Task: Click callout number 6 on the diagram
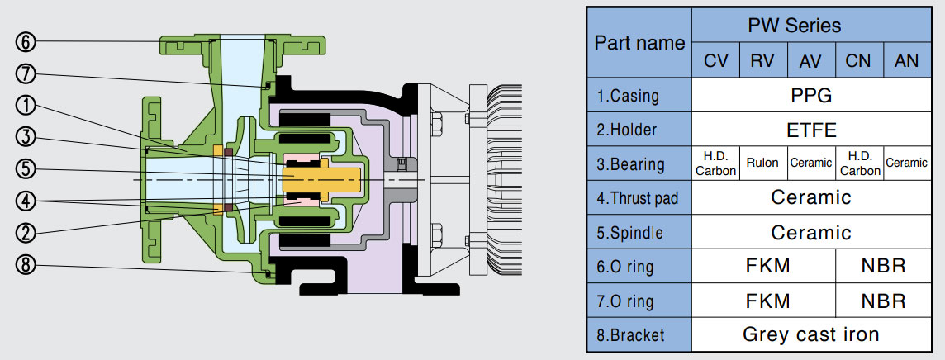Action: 26,41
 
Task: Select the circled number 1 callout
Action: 26,105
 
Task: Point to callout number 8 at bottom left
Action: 26,266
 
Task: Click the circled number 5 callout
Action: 26,169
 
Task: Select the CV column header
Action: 715,61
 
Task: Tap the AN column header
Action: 906,61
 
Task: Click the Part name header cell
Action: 639,43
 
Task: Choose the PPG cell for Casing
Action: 810,95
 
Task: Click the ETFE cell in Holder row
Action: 810,130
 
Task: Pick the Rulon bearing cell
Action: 762,163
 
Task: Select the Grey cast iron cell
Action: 810,334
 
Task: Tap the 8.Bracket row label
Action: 632,335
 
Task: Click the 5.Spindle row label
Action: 632,233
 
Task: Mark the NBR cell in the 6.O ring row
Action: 883,266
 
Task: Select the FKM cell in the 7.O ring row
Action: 762,301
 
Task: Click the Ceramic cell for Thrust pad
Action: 810,197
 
